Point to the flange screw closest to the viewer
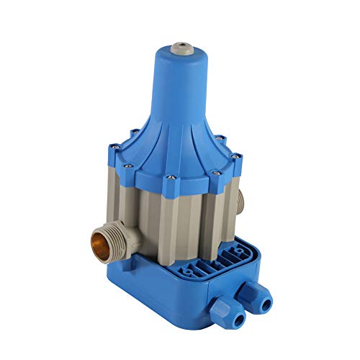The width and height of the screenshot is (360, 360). pyautogui.click(x=169, y=177)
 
